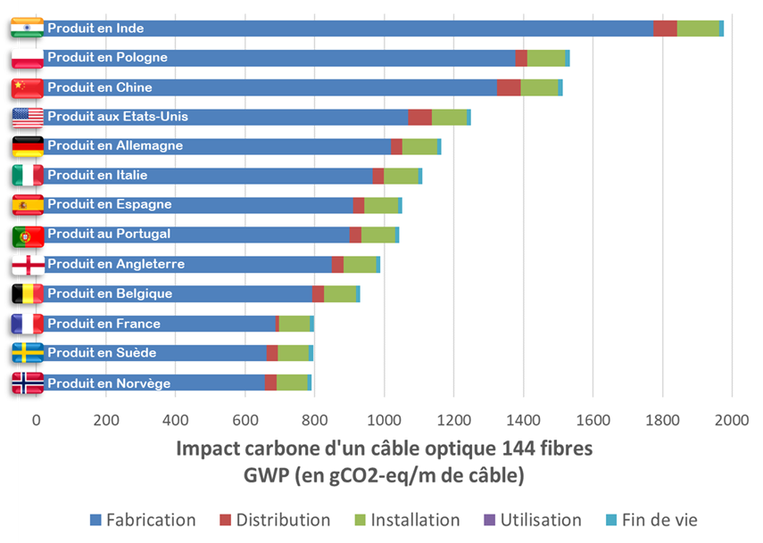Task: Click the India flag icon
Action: click(x=27, y=29)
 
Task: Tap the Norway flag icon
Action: click(x=27, y=383)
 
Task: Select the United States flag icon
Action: click(x=27, y=117)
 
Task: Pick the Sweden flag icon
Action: click(x=27, y=353)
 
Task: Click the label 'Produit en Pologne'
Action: click(x=107, y=58)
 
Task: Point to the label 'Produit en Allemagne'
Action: click(x=114, y=146)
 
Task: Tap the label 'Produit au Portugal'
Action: click(x=109, y=234)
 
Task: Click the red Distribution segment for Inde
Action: click(x=665, y=29)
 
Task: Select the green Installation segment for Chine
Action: click(x=539, y=87)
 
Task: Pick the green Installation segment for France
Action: click(x=294, y=324)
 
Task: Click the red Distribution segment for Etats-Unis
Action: click(x=420, y=117)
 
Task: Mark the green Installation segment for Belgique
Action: click(x=340, y=294)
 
